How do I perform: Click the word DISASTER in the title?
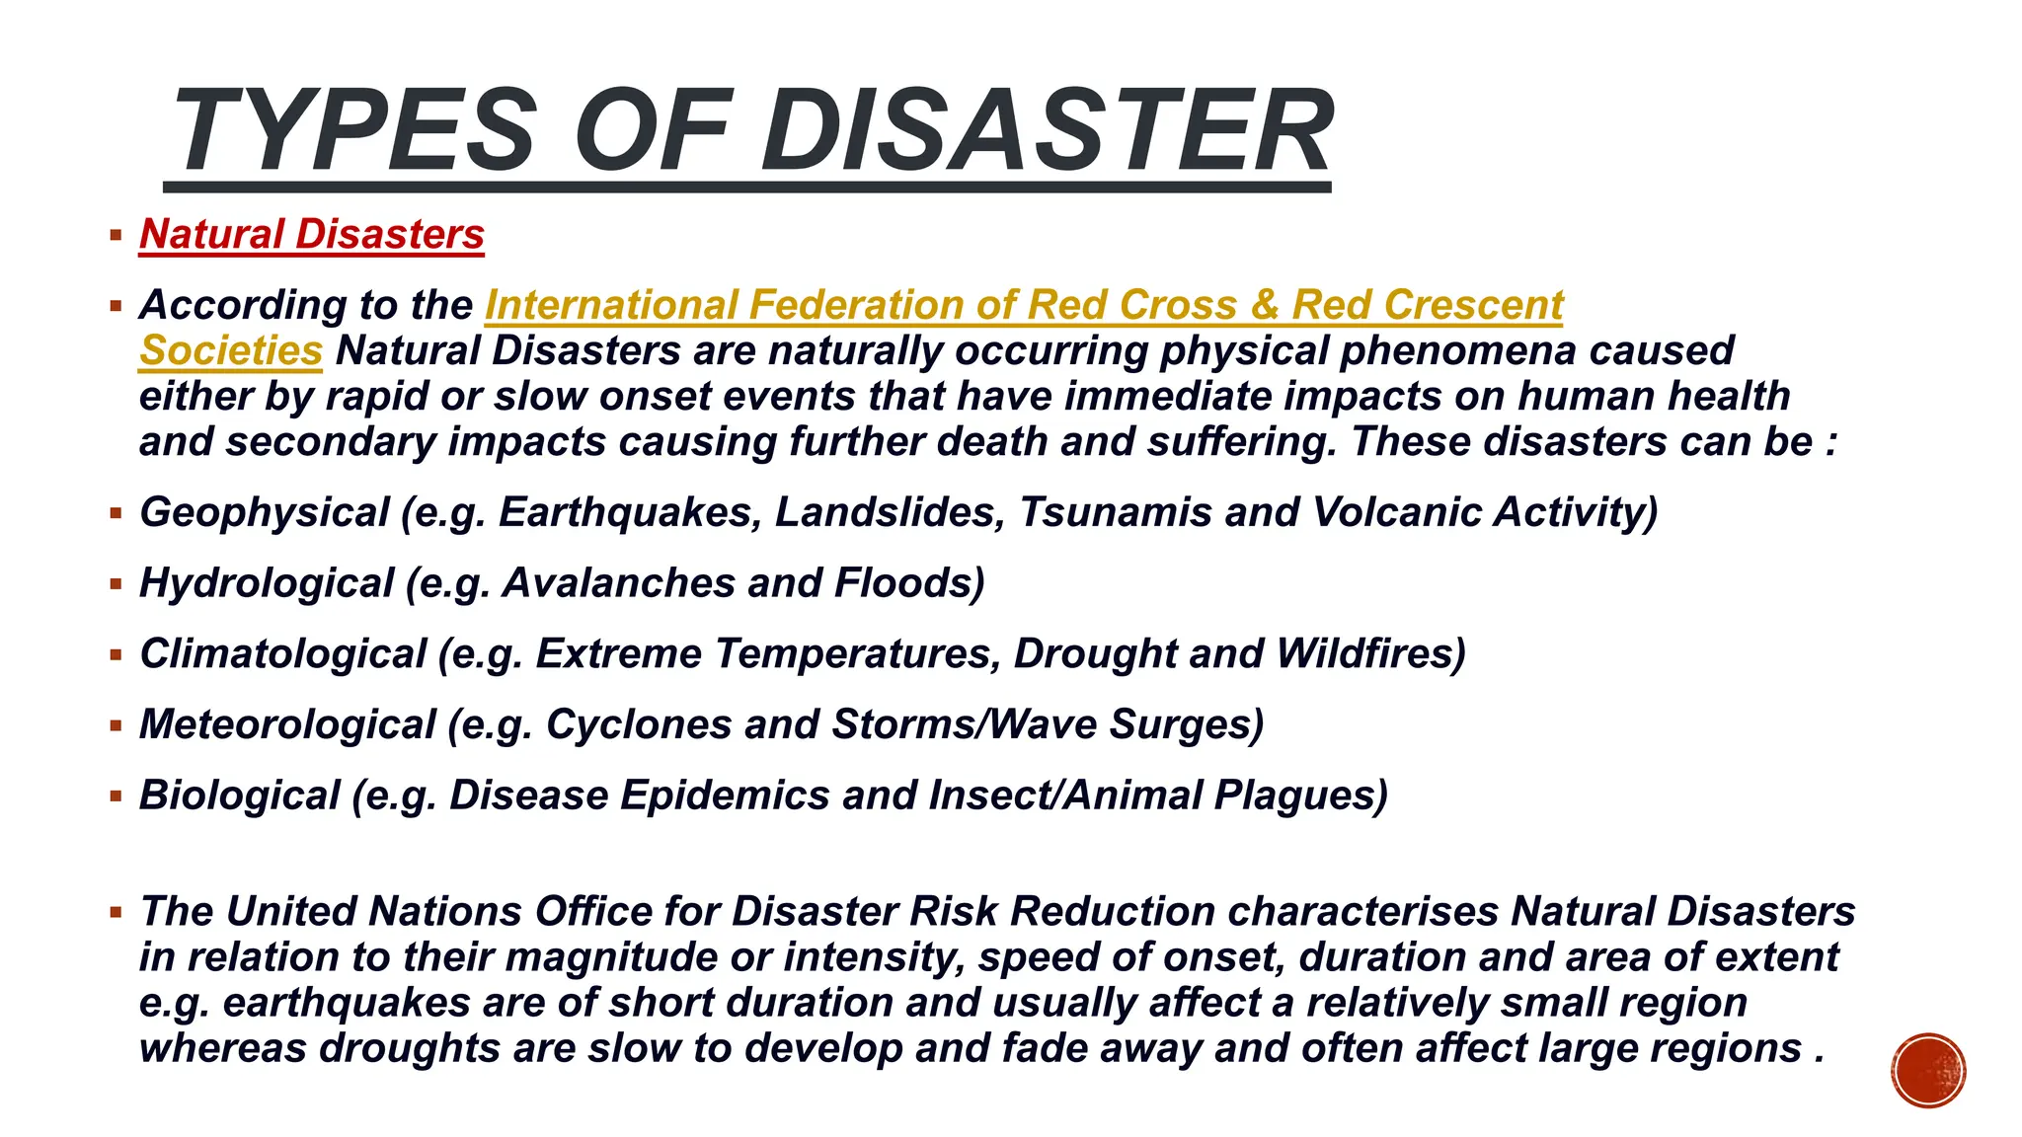coord(1047,131)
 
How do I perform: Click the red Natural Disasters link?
coord(312,235)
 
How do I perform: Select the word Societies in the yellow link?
coord(231,351)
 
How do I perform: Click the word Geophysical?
coord(265,512)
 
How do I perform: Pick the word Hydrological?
coord(267,583)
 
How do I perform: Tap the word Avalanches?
coord(619,583)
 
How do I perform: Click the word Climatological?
coord(283,654)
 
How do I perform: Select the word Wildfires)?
coord(1370,654)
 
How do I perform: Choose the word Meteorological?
coord(287,725)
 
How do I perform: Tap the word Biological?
coord(240,796)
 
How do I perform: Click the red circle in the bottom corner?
coord(1928,1071)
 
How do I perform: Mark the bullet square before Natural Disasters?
coord(117,236)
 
